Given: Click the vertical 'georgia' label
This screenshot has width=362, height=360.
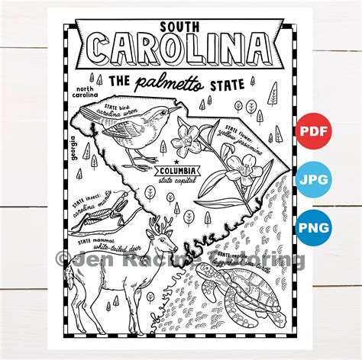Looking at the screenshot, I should [x=74, y=144].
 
